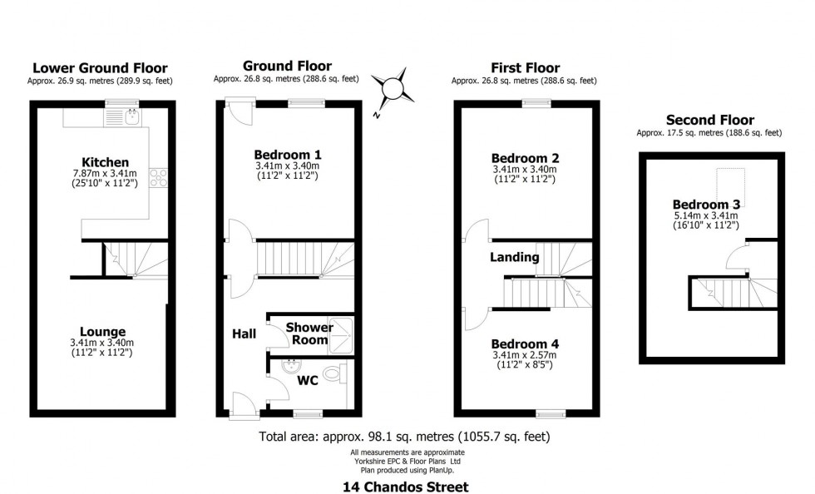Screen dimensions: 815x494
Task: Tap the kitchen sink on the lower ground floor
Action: [132, 116]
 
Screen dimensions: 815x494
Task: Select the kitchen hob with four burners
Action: [159, 177]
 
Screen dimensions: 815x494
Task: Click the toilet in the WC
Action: [333, 373]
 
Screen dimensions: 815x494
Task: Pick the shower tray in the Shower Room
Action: [340, 335]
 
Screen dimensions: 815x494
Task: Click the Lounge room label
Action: [102, 332]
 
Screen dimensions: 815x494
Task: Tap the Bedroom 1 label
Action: [288, 155]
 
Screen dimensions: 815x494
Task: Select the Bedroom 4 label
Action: [525, 343]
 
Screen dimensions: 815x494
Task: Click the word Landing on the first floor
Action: [515, 257]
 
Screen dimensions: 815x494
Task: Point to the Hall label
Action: [244, 333]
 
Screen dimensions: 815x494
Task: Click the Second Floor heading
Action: [710, 120]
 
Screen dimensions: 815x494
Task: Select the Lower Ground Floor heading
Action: [101, 68]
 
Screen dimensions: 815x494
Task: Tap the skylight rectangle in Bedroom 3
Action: [731, 188]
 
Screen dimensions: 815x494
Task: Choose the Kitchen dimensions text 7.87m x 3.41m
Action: [105, 174]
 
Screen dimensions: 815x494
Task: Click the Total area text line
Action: [404, 437]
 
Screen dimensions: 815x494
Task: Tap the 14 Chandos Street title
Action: [406, 487]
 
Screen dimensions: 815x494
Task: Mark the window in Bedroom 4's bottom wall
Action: [551, 413]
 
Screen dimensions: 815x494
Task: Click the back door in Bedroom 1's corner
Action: [240, 111]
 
